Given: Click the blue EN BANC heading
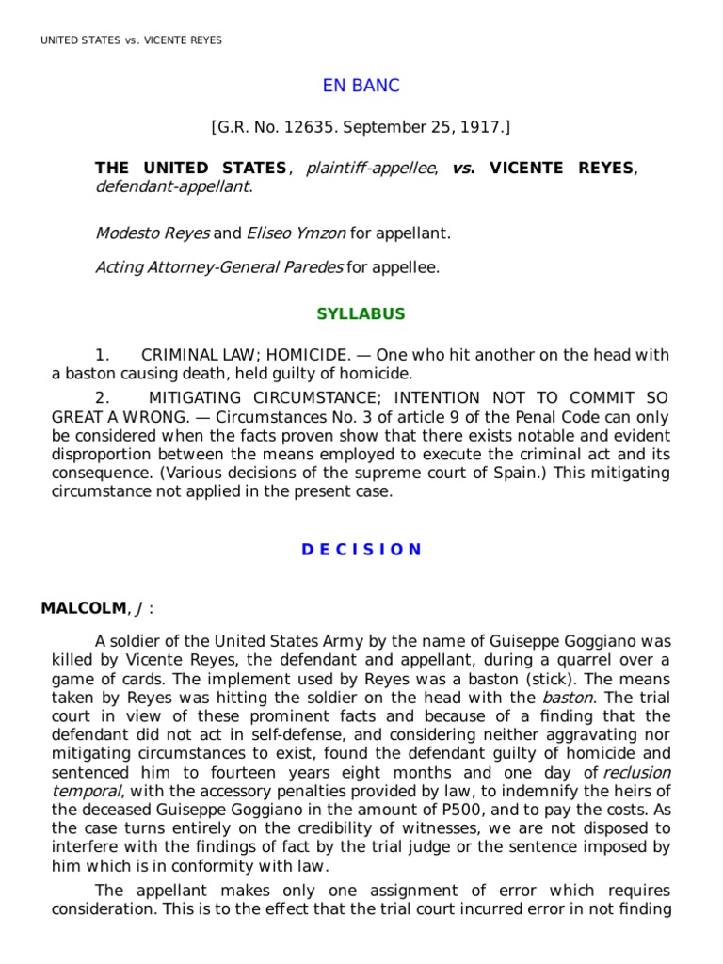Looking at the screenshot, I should (x=361, y=86).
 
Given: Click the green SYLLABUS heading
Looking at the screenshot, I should (x=361, y=313).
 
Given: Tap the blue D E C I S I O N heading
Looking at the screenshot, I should (x=361, y=550).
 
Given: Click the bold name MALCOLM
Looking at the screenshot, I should (x=75, y=607).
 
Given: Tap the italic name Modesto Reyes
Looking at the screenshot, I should (x=152, y=233).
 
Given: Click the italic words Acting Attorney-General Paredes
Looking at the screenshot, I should (x=218, y=267).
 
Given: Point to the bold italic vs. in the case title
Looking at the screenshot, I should (x=462, y=169).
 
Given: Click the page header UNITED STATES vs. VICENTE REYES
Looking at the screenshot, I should (x=131, y=40).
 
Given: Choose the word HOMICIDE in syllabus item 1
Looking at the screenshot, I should (x=309, y=355).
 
